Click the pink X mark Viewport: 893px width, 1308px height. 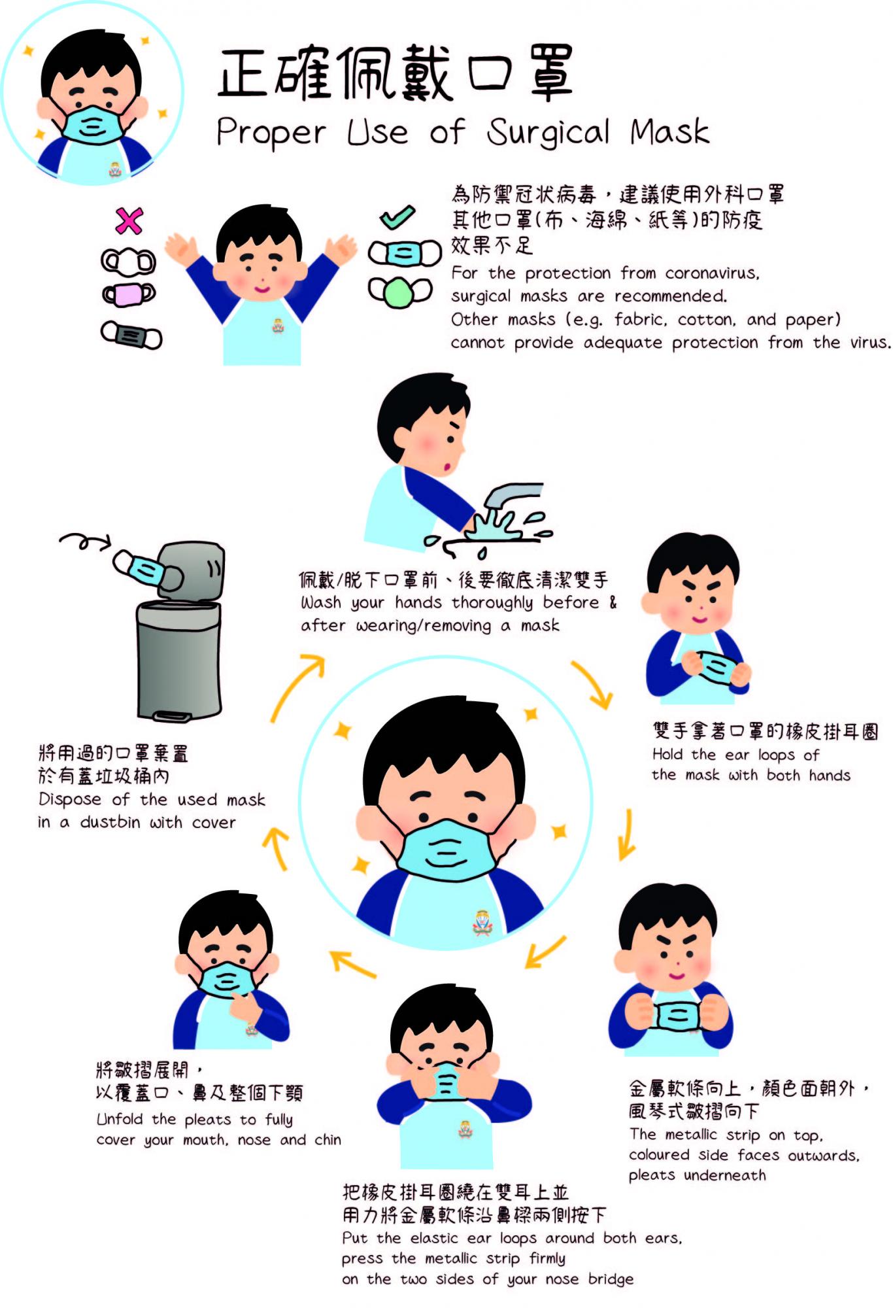point(129,221)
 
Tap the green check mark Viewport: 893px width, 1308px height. point(397,216)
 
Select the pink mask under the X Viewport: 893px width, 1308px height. point(129,294)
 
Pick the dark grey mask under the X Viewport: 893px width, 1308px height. point(131,335)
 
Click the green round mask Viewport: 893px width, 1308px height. point(400,292)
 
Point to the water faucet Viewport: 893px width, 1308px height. point(513,495)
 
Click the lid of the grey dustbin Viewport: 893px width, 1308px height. point(192,569)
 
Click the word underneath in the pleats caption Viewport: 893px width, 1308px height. point(725,1175)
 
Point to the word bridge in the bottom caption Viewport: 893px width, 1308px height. point(611,1279)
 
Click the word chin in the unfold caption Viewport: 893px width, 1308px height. point(328,1139)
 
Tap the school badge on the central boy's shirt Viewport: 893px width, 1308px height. point(482,922)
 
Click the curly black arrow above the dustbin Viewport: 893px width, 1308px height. point(85,541)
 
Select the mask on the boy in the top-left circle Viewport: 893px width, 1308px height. point(93,125)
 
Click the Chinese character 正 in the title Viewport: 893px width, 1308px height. point(243,73)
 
